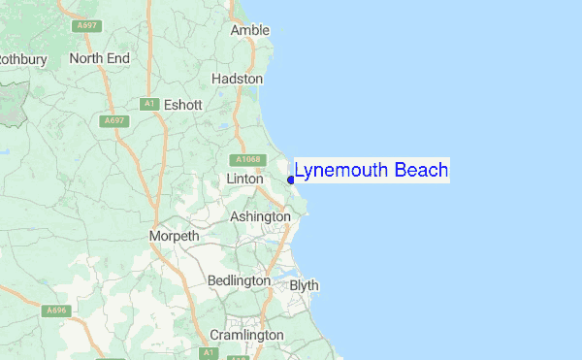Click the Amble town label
[x=249, y=31]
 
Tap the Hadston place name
[x=237, y=79]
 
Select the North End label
[x=99, y=59]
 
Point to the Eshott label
[x=182, y=105]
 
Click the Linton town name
[x=244, y=180]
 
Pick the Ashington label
[x=260, y=217]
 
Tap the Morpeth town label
[x=175, y=236]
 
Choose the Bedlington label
[x=240, y=280]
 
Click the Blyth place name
[x=304, y=286]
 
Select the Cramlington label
[x=246, y=335]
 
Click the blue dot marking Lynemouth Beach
[x=291, y=180]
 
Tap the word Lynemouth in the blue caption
[x=343, y=171]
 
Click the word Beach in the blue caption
[x=423, y=171]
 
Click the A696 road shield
[x=55, y=311]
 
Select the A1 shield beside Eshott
[x=148, y=104]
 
